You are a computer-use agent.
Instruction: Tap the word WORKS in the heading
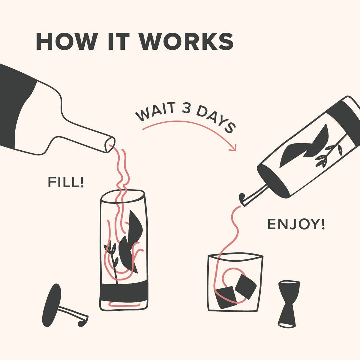point(186,42)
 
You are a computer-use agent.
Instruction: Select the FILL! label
point(66,182)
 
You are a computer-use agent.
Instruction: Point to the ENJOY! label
point(296,224)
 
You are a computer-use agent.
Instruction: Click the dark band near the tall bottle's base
point(124,291)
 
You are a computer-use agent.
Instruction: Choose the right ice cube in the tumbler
point(246,286)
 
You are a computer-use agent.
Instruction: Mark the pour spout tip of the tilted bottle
point(242,199)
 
